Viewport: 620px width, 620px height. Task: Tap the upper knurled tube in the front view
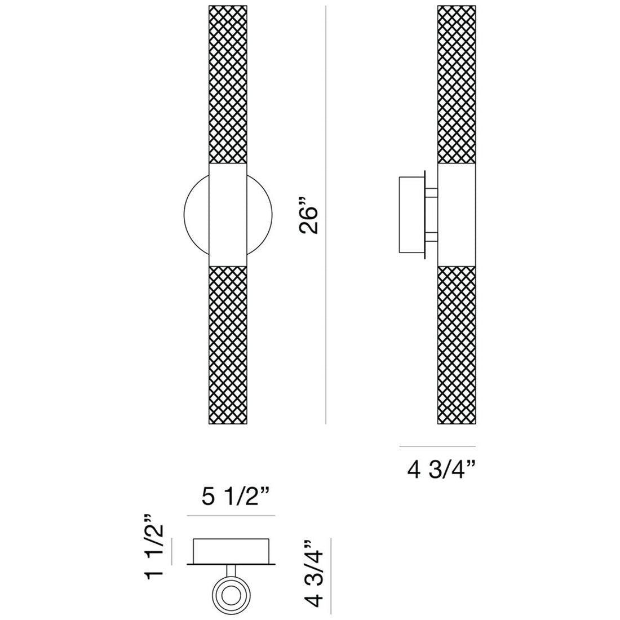[x=228, y=85]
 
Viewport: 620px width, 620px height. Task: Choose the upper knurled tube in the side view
[x=457, y=85]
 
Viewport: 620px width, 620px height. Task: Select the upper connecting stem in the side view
[x=431, y=193]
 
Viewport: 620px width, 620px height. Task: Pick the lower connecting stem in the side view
[x=431, y=237]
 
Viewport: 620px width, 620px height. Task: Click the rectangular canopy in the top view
[x=231, y=550]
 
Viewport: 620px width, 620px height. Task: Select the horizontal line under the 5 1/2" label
[x=231, y=516]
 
